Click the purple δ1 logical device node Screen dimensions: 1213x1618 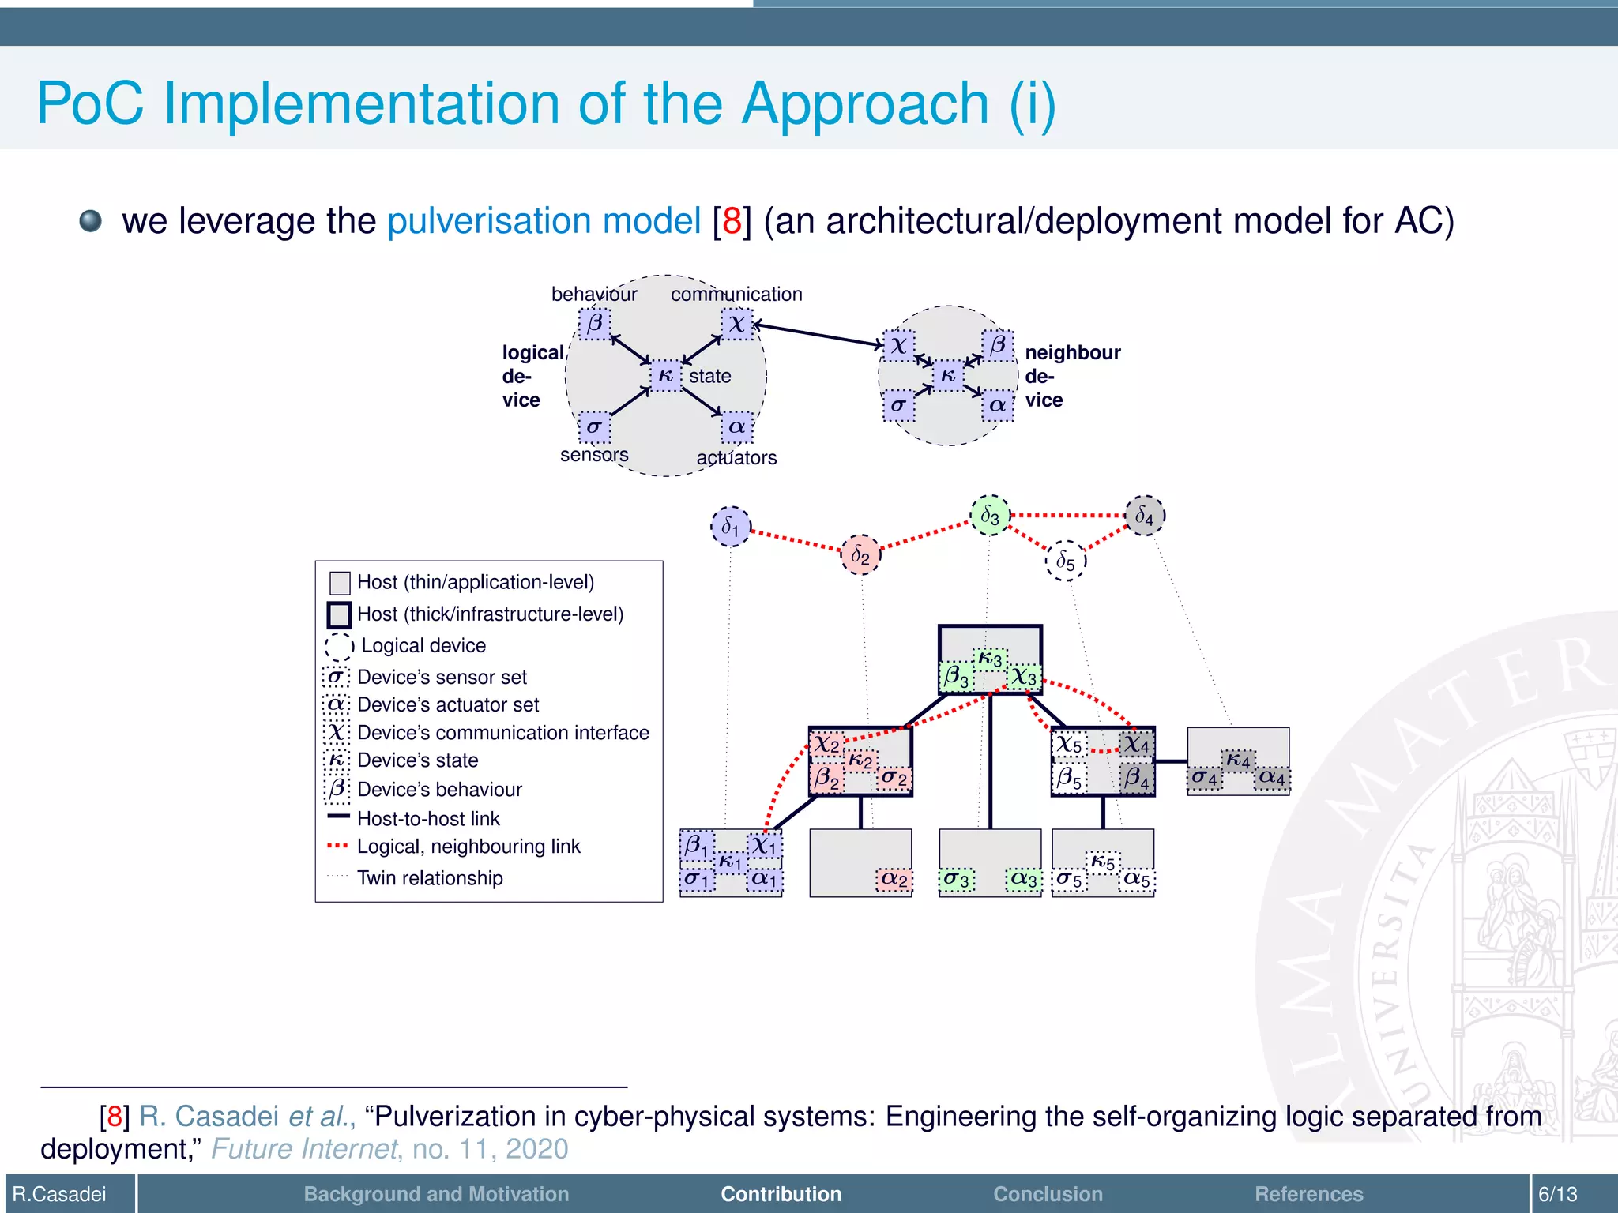(730, 527)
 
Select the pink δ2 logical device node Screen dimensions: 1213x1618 (860, 555)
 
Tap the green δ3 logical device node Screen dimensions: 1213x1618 (990, 516)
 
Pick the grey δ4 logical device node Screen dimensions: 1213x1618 (1144, 516)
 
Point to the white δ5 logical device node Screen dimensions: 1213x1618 (1066, 561)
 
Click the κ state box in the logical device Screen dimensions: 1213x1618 (666, 376)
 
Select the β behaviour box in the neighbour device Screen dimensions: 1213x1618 (998, 345)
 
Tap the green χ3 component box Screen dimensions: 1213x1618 (1025, 677)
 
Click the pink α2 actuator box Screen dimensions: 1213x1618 (894, 879)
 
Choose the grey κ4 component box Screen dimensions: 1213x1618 (1238, 760)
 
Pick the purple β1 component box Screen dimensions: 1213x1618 (696, 845)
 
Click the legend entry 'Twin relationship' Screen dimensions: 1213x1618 (430, 878)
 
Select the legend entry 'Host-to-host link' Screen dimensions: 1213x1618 (428, 819)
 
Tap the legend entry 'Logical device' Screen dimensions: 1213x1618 (423, 645)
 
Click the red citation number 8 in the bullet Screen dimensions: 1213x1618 (732, 221)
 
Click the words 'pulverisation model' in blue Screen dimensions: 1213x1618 (544, 221)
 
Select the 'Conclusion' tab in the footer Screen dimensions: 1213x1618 (1048, 1194)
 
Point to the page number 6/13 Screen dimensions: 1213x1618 (1557, 1194)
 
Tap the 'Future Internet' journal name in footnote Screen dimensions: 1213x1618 (304, 1149)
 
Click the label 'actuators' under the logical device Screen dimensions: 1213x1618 (736, 458)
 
